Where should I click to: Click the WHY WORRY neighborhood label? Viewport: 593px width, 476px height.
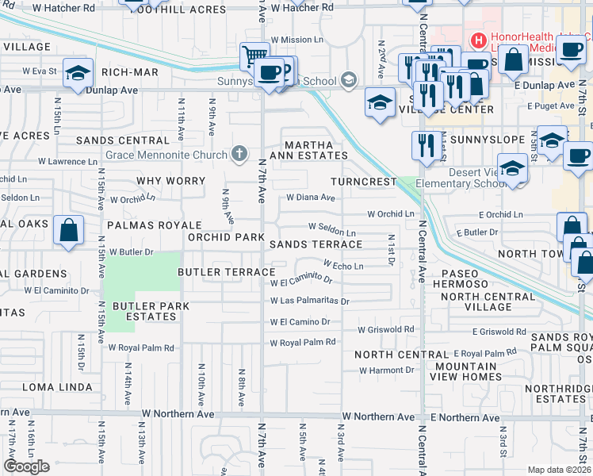170,181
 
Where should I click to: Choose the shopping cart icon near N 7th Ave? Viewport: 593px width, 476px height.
254,56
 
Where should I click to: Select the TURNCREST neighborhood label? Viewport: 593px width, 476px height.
363,182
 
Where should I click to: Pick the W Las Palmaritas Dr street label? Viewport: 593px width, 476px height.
310,301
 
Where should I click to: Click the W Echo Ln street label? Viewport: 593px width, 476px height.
343,266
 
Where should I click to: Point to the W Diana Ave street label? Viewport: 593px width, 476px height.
312,198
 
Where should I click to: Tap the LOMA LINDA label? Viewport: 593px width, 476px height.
52,387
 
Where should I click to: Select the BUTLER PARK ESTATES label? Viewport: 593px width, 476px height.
143,311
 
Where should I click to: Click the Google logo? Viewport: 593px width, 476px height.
26,466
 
